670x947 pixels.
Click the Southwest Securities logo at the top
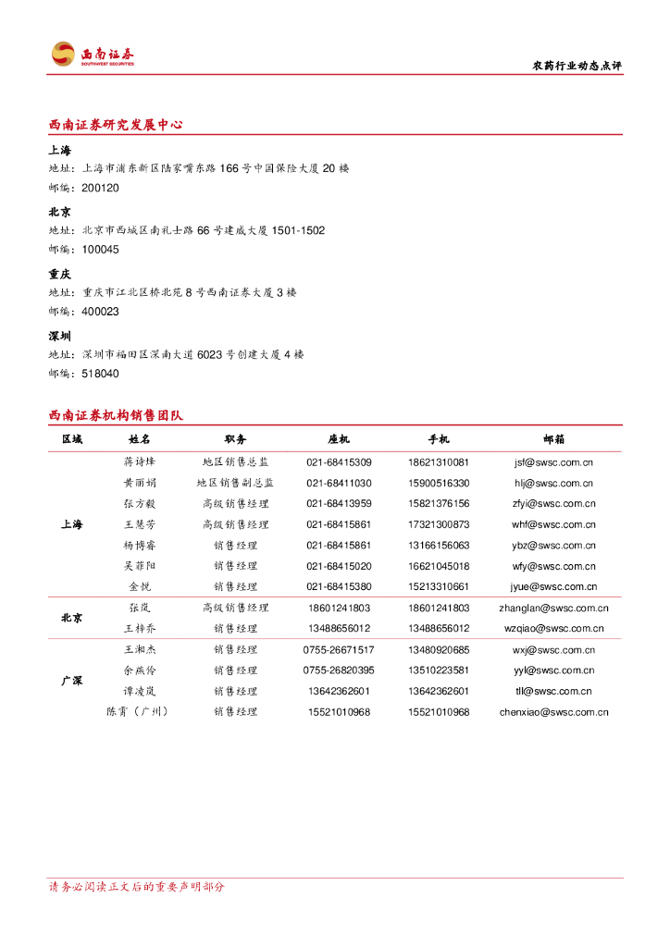coord(93,55)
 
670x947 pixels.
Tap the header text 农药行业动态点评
coord(578,66)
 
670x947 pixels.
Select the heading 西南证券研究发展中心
coord(116,125)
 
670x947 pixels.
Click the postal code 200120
coord(100,188)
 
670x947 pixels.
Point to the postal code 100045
coord(100,250)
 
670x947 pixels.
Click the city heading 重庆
coord(59,275)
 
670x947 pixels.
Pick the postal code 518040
coord(100,374)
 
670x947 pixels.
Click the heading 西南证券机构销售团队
coord(116,415)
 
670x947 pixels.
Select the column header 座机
coord(339,439)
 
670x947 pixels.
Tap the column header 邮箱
coord(554,439)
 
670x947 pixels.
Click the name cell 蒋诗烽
coord(140,461)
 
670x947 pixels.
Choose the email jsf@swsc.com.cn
coord(554,461)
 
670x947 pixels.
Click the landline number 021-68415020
coord(339,566)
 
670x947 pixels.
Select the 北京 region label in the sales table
coord(72,618)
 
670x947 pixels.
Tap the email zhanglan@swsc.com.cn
coord(554,608)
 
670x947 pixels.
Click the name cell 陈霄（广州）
coord(140,712)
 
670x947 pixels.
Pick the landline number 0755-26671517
coord(339,650)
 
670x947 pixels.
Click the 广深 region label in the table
coord(72,681)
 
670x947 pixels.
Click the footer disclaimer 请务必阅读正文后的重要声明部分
coord(136,887)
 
